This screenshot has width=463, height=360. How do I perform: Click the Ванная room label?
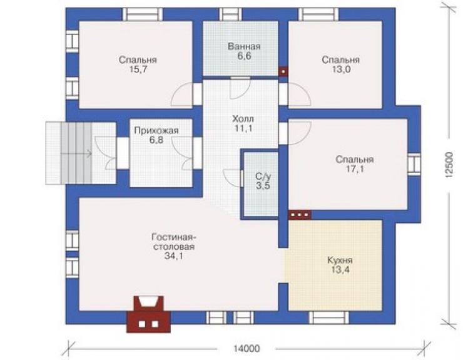tap(244, 46)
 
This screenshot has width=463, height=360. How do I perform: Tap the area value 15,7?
tap(138, 69)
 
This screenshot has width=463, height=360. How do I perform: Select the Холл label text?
tap(243, 119)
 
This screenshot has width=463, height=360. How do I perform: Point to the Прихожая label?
tap(156, 130)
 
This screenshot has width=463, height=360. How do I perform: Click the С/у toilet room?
tap(260, 185)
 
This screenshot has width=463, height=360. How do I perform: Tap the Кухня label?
tap(340, 260)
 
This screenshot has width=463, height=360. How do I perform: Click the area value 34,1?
tap(174, 256)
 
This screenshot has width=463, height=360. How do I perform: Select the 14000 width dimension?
tap(247, 349)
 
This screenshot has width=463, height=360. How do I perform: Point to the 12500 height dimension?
tap(449, 165)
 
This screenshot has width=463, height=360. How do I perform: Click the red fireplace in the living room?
tap(148, 314)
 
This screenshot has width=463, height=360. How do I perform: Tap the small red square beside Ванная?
tap(283, 71)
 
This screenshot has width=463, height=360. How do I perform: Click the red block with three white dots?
tap(300, 215)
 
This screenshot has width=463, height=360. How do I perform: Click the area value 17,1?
tap(355, 169)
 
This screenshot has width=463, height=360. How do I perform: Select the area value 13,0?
tap(341, 69)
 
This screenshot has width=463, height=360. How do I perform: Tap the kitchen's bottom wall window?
tap(328, 317)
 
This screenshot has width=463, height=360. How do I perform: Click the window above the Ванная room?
tap(230, 14)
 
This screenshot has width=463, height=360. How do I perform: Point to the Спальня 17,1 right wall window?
tap(414, 165)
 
